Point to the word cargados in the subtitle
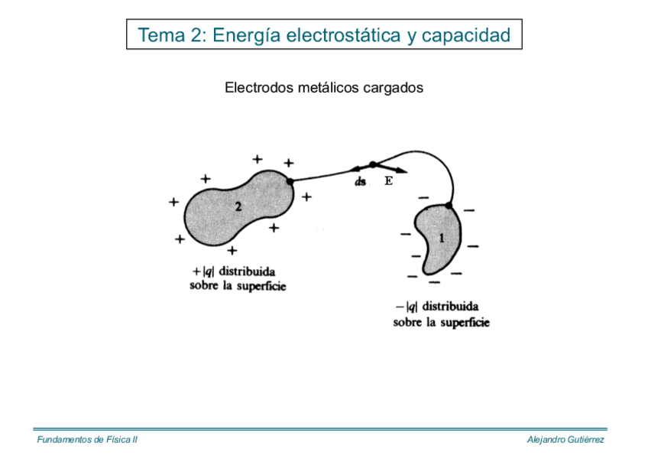pyautogui.click(x=394, y=89)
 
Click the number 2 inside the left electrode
pyautogui.click(x=238, y=207)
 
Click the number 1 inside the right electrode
pyautogui.click(x=441, y=238)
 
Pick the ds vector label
pyautogui.click(x=361, y=182)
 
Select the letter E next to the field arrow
pyautogui.click(x=388, y=181)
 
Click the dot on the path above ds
pyautogui.click(x=372, y=164)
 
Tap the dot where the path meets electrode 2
pyautogui.click(x=290, y=181)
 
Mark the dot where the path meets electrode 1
pyautogui.click(x=449, y=206)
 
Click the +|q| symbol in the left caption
pyautogui.click(x=203, y=271)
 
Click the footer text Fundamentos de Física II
pyautogui.click(x=87, y=440)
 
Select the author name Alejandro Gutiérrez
pyautogui.click(x=565, y=440)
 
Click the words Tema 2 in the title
pyautogui.click(x=170, y=35)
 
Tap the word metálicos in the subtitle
pyautogui.click(x=323, y=88)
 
